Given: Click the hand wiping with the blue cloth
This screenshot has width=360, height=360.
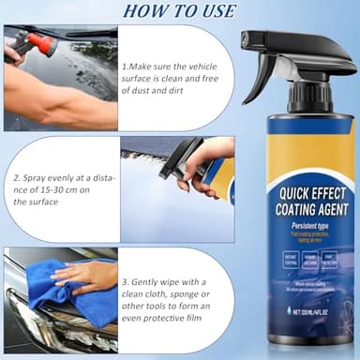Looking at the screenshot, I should [89, 275].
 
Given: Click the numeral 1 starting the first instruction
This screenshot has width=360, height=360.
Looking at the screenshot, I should [124, 68].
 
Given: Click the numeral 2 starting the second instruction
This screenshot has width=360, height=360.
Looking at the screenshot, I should [15, 176].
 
